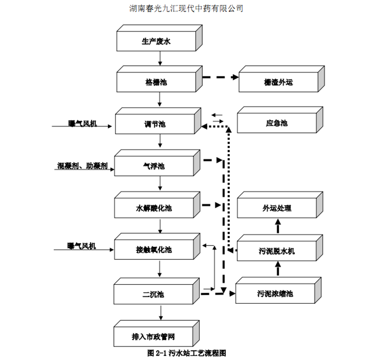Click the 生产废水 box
pyautogui.click(x=157, y=42)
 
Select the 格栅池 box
pyautogui.click(x=157, y=82)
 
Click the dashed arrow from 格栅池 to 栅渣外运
pyautogui.click(x=220, y=78)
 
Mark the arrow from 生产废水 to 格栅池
pyautogui.click(x=160, y=58)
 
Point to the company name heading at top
pyautogui.click(x=186, y=8)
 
